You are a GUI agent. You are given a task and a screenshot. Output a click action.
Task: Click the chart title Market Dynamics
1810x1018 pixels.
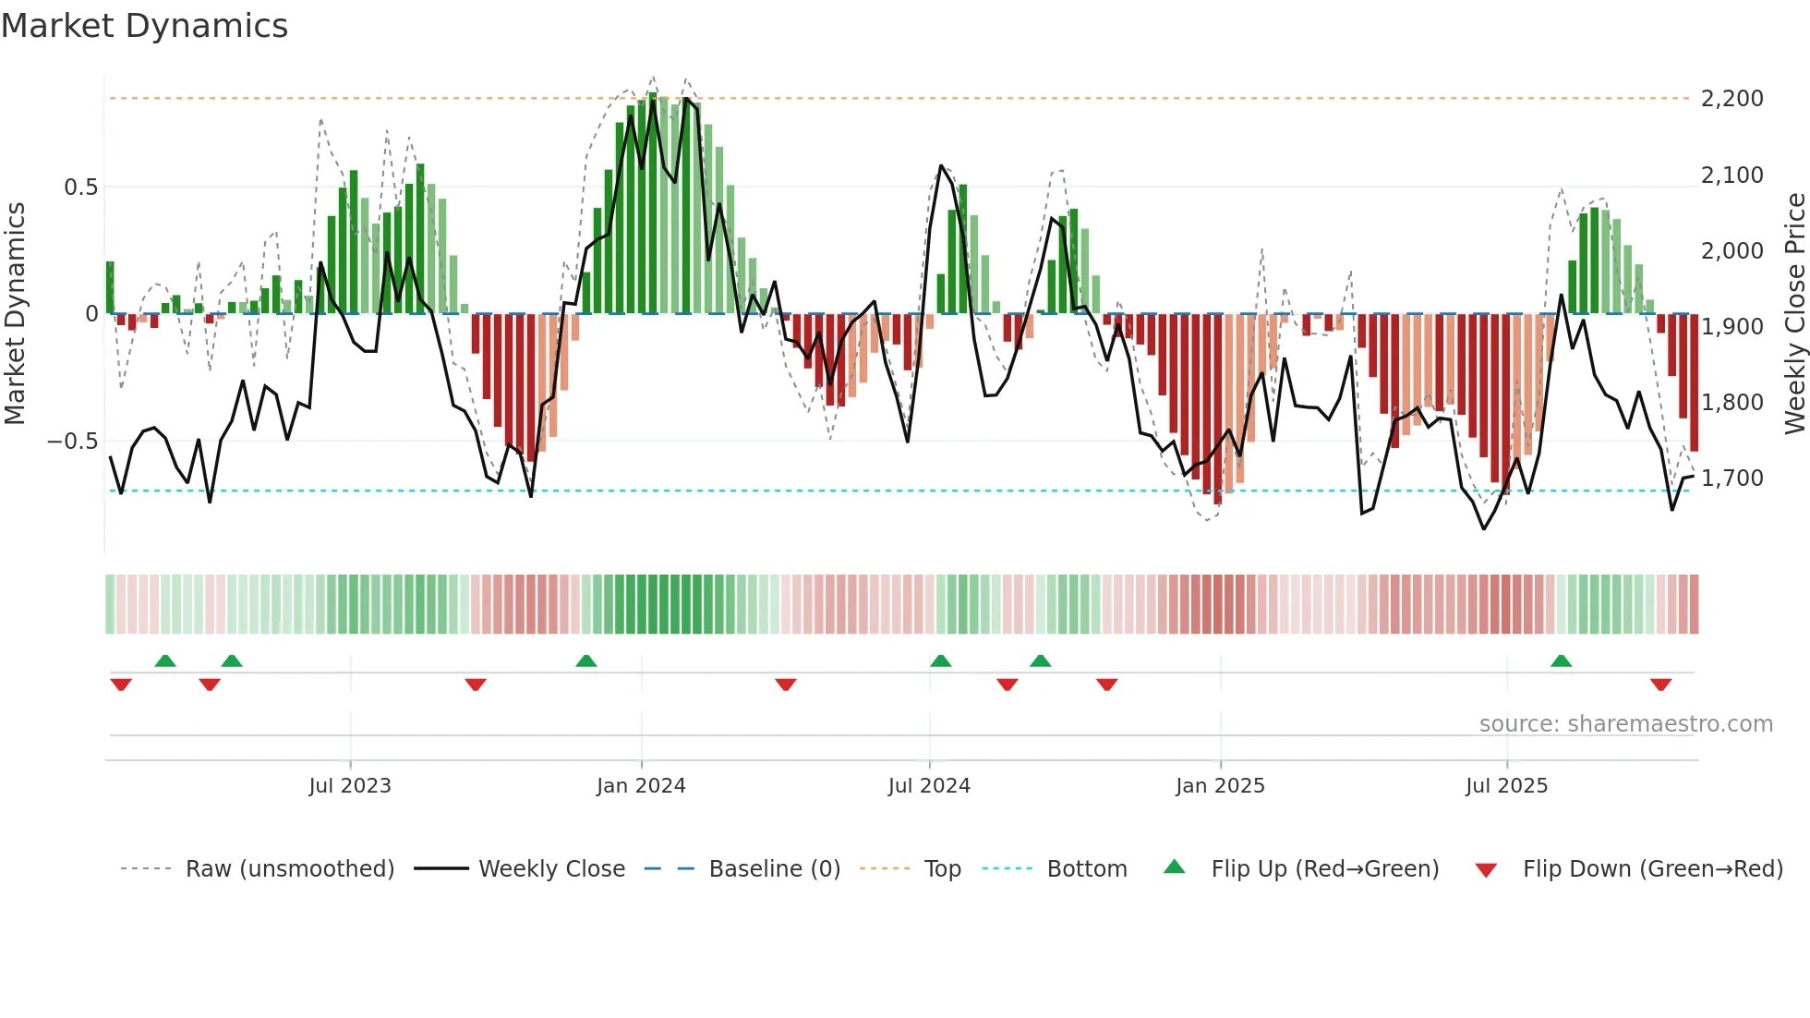pos(144,26)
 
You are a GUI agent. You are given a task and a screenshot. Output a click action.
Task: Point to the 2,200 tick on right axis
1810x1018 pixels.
pos(1732,99)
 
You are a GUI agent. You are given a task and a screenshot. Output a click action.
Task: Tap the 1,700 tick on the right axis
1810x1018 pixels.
pos(1732,479)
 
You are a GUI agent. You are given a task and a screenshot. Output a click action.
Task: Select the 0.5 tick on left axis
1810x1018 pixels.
pos(80,188)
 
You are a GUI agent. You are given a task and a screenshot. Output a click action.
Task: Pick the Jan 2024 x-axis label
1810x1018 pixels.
pos(641,786)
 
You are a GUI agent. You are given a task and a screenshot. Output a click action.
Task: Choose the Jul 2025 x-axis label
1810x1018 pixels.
pos(1506,786)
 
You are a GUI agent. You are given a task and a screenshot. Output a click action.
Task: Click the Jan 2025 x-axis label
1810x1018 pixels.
pos(1220,786)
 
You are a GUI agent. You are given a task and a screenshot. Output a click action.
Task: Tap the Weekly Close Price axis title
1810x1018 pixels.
pos(1794,314)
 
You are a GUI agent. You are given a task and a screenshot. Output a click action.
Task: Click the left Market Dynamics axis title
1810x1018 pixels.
pos(15,314)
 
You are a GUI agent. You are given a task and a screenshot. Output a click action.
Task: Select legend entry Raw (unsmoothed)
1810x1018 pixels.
pos(289,869)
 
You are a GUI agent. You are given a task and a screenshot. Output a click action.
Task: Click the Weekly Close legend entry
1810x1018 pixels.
pos(551,869)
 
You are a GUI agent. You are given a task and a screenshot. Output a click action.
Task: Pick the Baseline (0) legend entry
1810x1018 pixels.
pos(774,869)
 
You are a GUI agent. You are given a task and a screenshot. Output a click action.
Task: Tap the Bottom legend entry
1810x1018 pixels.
pos(1086,869)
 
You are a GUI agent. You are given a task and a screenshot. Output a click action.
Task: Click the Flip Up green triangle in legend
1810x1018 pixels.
pos(1174,867)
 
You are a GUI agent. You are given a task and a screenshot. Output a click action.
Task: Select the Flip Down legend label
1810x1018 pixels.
pos(1652,869)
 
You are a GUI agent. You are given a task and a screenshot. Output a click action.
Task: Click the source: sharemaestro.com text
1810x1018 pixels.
pos(1625,724)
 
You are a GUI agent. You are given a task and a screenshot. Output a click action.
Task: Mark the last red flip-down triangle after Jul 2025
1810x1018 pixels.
pos(1660,685)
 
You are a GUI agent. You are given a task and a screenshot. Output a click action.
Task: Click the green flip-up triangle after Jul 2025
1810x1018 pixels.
pos(1561,661)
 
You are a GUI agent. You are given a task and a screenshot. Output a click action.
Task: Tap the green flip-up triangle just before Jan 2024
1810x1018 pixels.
pos(585,661)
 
